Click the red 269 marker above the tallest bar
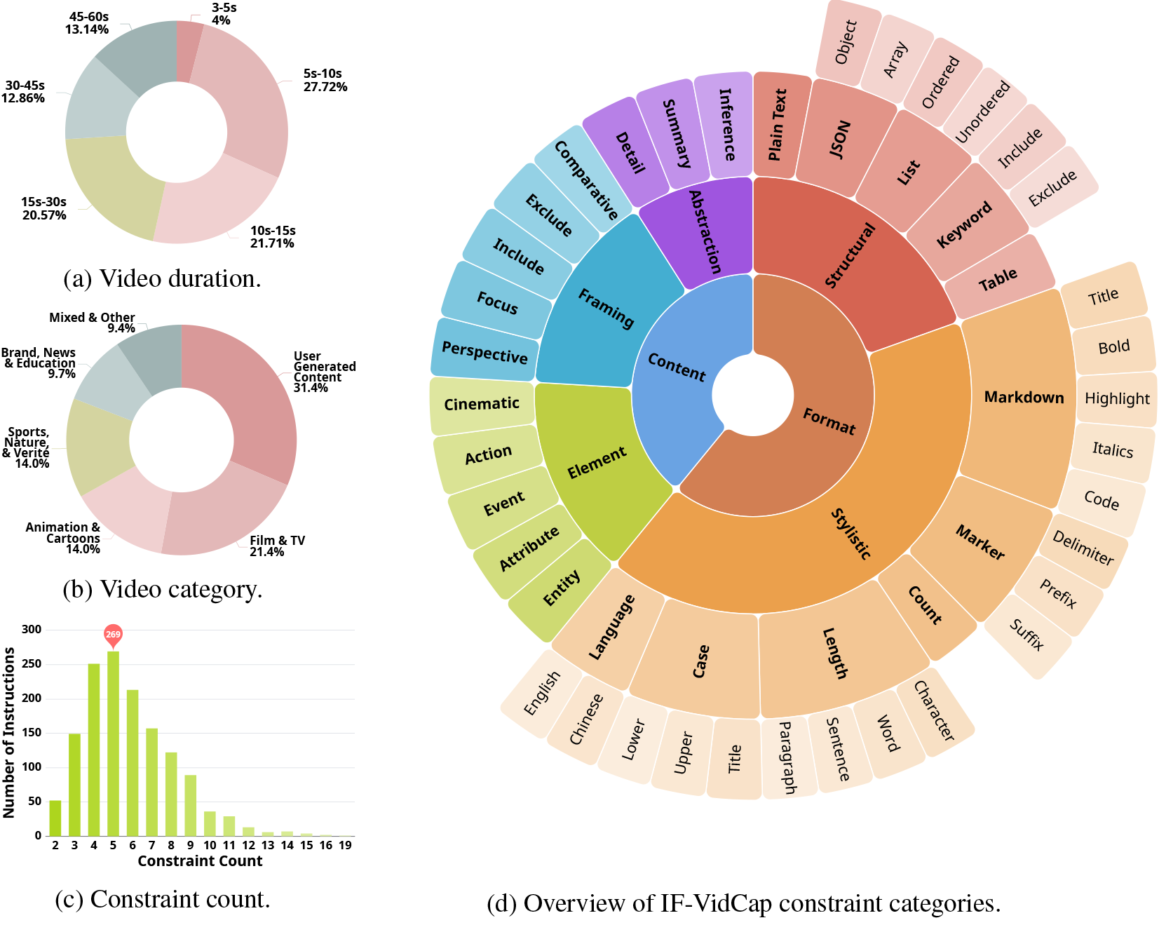113,634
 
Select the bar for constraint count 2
55,818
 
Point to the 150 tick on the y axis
32,733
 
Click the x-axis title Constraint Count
200,861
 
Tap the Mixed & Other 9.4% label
92,323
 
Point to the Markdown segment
1020,398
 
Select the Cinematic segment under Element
482,404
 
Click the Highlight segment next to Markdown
1116,399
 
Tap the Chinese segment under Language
585,719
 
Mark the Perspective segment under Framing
484,351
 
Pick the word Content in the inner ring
677,367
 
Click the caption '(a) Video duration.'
162,278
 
